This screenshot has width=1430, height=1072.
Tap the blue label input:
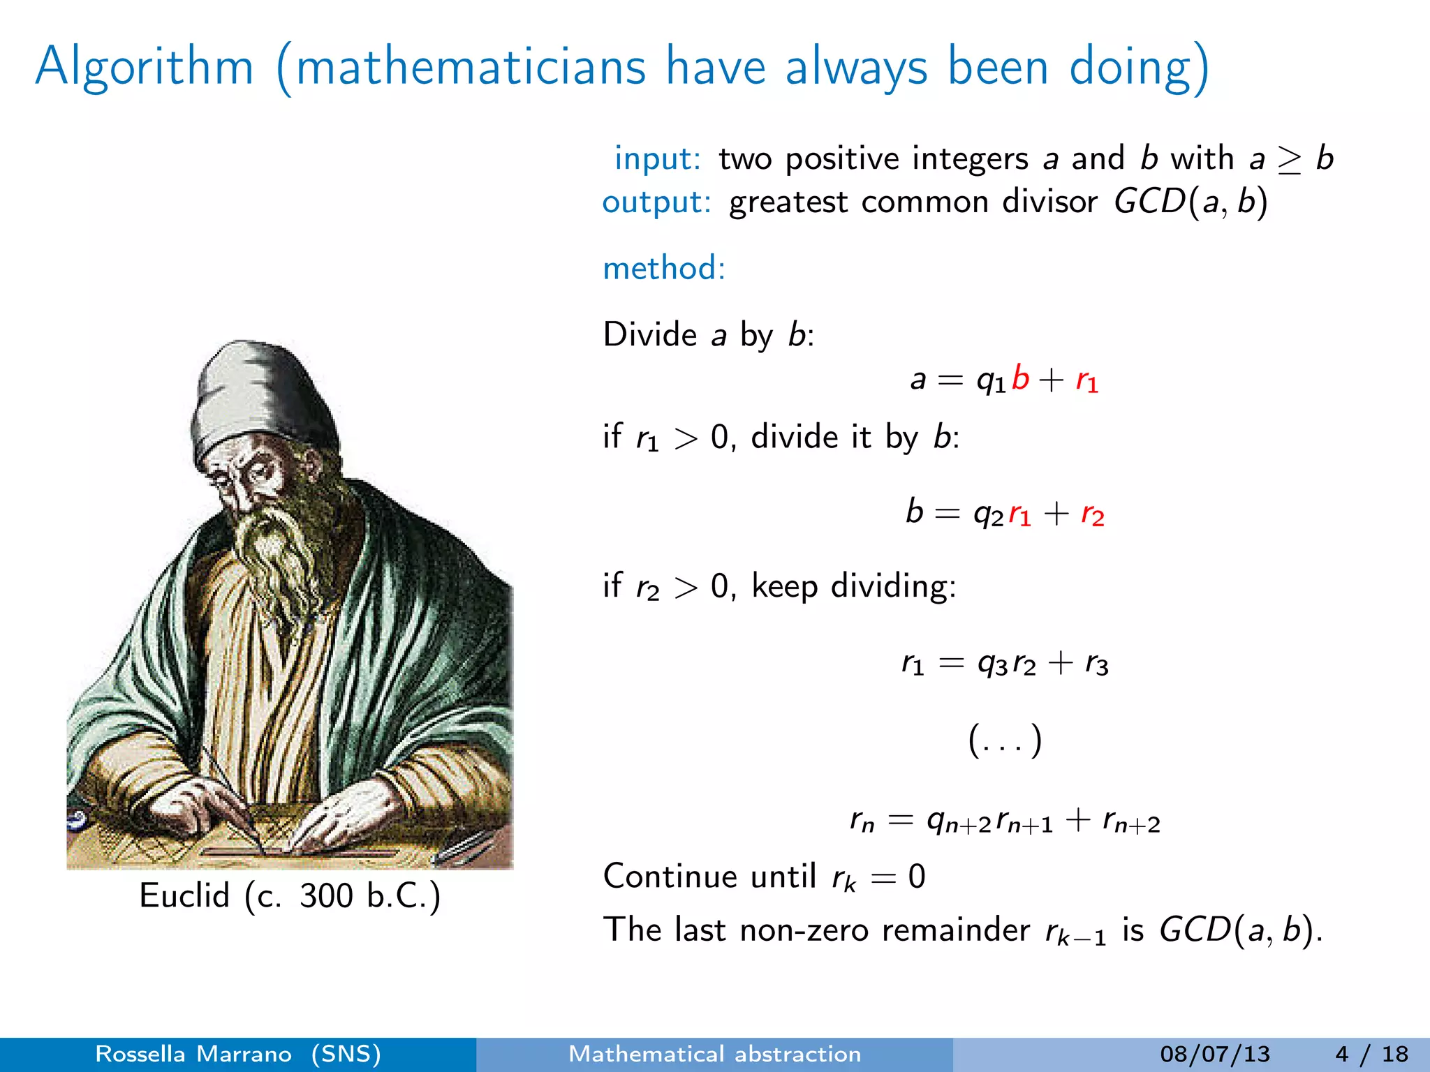coord(657,159)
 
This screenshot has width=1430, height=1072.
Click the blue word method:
coord(664,268)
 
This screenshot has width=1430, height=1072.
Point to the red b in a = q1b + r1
coord(1020,378)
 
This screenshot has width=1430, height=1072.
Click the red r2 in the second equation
coord(1092,515)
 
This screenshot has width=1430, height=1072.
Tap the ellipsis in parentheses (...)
coord(1005,740)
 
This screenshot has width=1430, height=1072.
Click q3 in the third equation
coord(992,663)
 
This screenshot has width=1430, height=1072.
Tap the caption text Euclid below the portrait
coord(184,895)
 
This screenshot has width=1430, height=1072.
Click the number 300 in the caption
coord(327,896)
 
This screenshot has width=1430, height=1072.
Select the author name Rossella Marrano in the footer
coord(193,1054)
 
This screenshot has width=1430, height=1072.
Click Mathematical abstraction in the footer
coord(714,1054)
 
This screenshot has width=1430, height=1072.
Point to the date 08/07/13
coord(1215,1054)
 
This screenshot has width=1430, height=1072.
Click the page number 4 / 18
coord(1371,1054)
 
